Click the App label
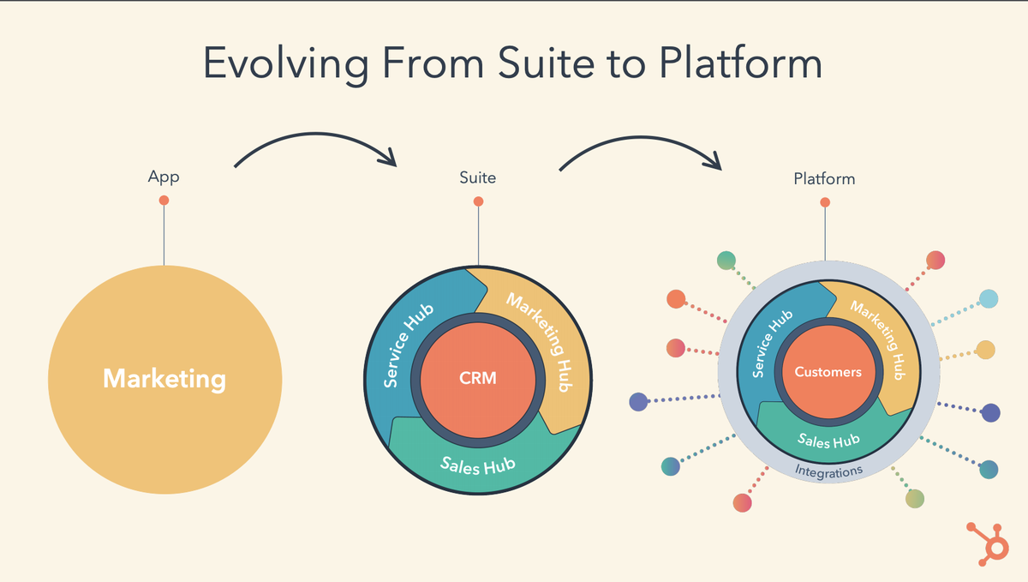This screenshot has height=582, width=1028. pyautogui.click(x=164, y=178)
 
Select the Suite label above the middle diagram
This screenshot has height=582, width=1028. pyautogui.click(x=478, y=178)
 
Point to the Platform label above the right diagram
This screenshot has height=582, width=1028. pyautogui.click(x=824, y=179)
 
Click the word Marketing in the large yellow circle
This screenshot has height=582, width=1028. pyautogui.click(x=164, y=378)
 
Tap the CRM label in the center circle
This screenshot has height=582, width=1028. pyautogui.click(x=478, y=377)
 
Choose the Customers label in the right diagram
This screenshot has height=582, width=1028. pyautogui.click(x=828, y=372)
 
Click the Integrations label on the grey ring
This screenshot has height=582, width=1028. pyautogui.click(x=828, y=471)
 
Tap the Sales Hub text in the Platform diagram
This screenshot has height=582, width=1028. pyautogui.click(x=828, y=441)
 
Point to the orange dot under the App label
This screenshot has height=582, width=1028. pyautogui.click(x=164, y=201)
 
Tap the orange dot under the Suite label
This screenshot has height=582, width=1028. pyautogui.click(x=478, y=201)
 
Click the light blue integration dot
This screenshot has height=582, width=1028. pyautogui.click(x=989, y=298)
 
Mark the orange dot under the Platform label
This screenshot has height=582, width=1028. pyautogui.click(x=825, y=202)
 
